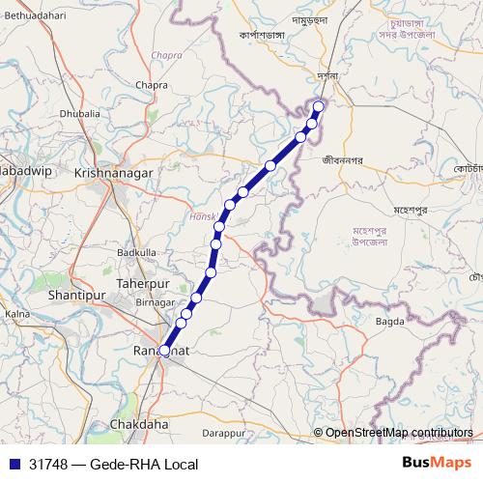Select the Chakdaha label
pos(140,424)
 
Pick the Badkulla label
pos(136,252)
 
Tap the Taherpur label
pos(143,282)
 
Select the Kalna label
pos(17,314)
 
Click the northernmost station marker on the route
pos(319,106)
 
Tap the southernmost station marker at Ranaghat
pos(164,351)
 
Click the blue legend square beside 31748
pos(14,465)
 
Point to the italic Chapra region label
pos(167,55)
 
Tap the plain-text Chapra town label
pos(152,85)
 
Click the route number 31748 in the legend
pos(48,465)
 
